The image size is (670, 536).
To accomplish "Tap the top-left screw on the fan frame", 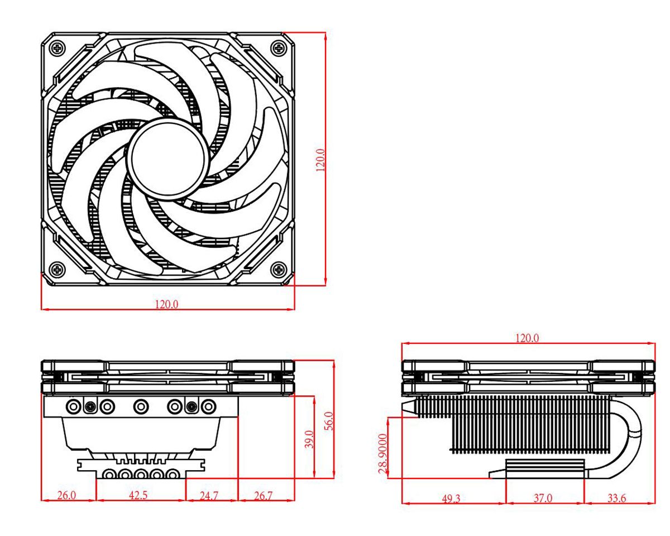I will click(58, 47).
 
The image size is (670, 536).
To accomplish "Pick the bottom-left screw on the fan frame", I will click(58, 271).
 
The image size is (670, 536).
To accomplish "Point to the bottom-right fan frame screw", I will click(277, 271).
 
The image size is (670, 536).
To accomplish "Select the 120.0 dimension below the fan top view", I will click(166, 304).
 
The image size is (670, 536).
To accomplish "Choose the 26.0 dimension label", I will click(67, 495).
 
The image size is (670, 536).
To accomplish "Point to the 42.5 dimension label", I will click(140, 495).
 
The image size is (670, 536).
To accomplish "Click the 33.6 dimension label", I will click(616, 498).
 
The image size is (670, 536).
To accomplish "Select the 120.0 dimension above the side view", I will click(527, 338).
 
